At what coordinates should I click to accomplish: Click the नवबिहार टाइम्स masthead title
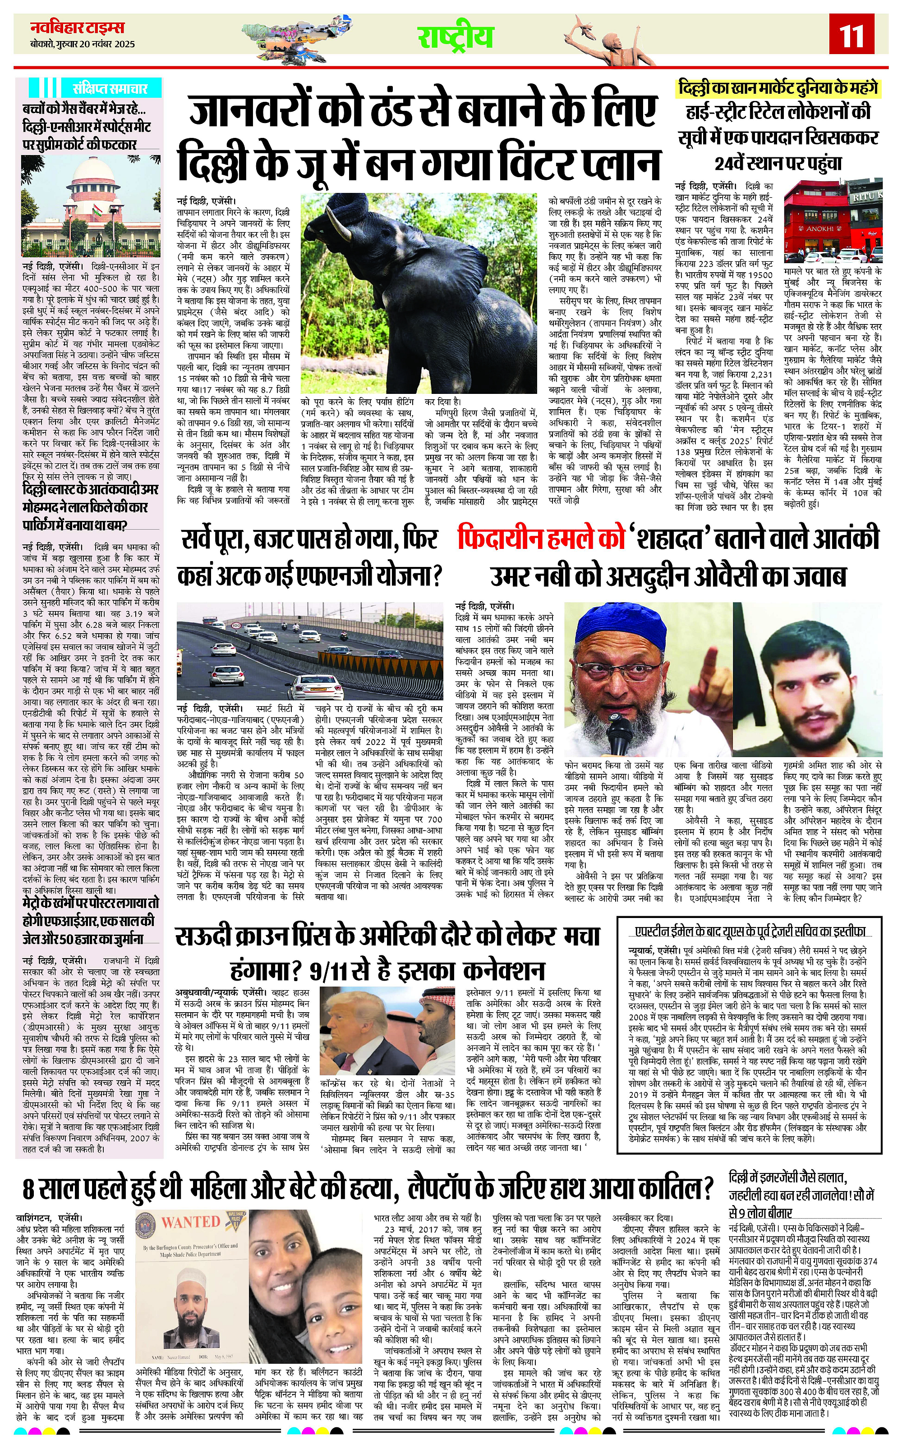[78, 27]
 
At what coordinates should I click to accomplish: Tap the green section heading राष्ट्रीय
[455, 37]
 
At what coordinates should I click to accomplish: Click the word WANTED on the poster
[191, 1221]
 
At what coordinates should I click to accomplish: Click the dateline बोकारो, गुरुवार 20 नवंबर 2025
[83, 44]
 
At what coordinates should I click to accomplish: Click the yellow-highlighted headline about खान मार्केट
[778, 88]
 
